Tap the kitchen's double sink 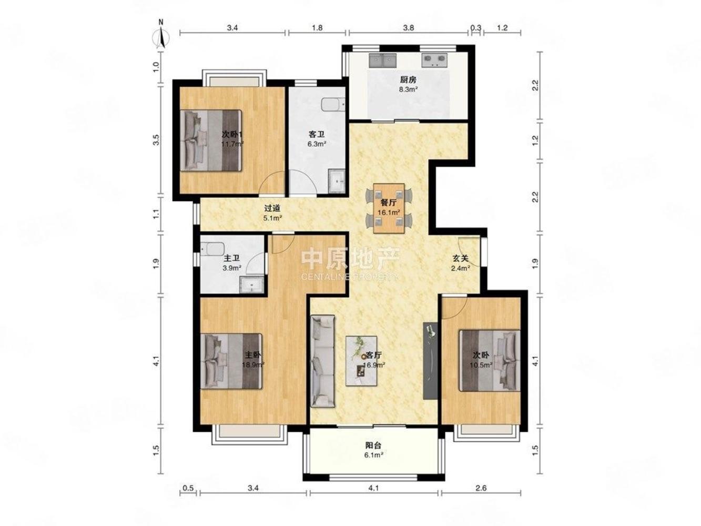(x=383, y=60)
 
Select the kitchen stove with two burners (x=434, y=60)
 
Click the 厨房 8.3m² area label (x=408, y=85)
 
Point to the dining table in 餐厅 (x=389, y=208)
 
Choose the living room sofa (x=323, y=361)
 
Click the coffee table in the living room (x=361, y=361)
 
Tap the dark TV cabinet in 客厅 (x=430, y=360)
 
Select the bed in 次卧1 (x=211, y=140)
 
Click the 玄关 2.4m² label (x=460, y=263)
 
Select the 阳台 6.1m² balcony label (x=374, y=450)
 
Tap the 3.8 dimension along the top (x=408, y=28)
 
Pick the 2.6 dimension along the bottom (x=481, y=488)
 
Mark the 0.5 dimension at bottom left (x=188, y=488)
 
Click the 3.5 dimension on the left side (x=156, y=140)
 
